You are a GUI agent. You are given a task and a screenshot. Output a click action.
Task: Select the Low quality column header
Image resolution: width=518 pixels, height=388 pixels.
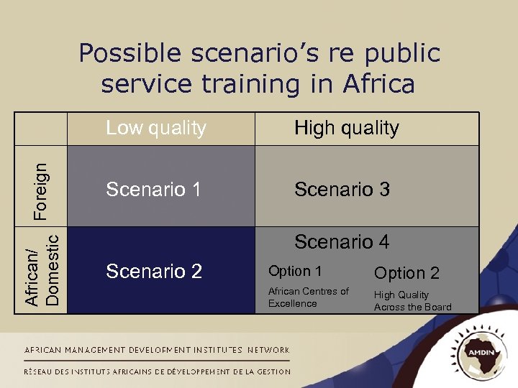[155, 129]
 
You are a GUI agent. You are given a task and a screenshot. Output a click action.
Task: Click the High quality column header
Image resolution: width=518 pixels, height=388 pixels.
[346, 129]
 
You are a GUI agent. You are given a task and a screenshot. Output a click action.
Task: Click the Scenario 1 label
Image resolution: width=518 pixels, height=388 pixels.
[153, 190]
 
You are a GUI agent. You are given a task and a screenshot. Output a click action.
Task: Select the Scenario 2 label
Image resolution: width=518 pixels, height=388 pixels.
[154, 272]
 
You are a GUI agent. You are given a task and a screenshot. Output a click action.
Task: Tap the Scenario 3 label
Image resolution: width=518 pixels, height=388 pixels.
[342, 190]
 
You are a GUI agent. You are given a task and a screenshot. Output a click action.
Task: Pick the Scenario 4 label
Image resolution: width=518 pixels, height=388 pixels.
[342, 242]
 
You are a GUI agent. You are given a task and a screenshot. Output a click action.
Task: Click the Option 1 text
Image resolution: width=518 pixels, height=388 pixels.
[295, 272]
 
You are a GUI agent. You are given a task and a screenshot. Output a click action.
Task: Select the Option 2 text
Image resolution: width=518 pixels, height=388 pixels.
[406, 274]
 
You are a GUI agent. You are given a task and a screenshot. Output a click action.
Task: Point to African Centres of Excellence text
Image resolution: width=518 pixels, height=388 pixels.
[308, 297]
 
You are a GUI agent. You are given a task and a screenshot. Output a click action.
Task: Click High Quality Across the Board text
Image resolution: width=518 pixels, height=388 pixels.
[412, 301]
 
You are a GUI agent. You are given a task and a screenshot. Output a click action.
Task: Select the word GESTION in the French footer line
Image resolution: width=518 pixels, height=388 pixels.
[274, 371]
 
